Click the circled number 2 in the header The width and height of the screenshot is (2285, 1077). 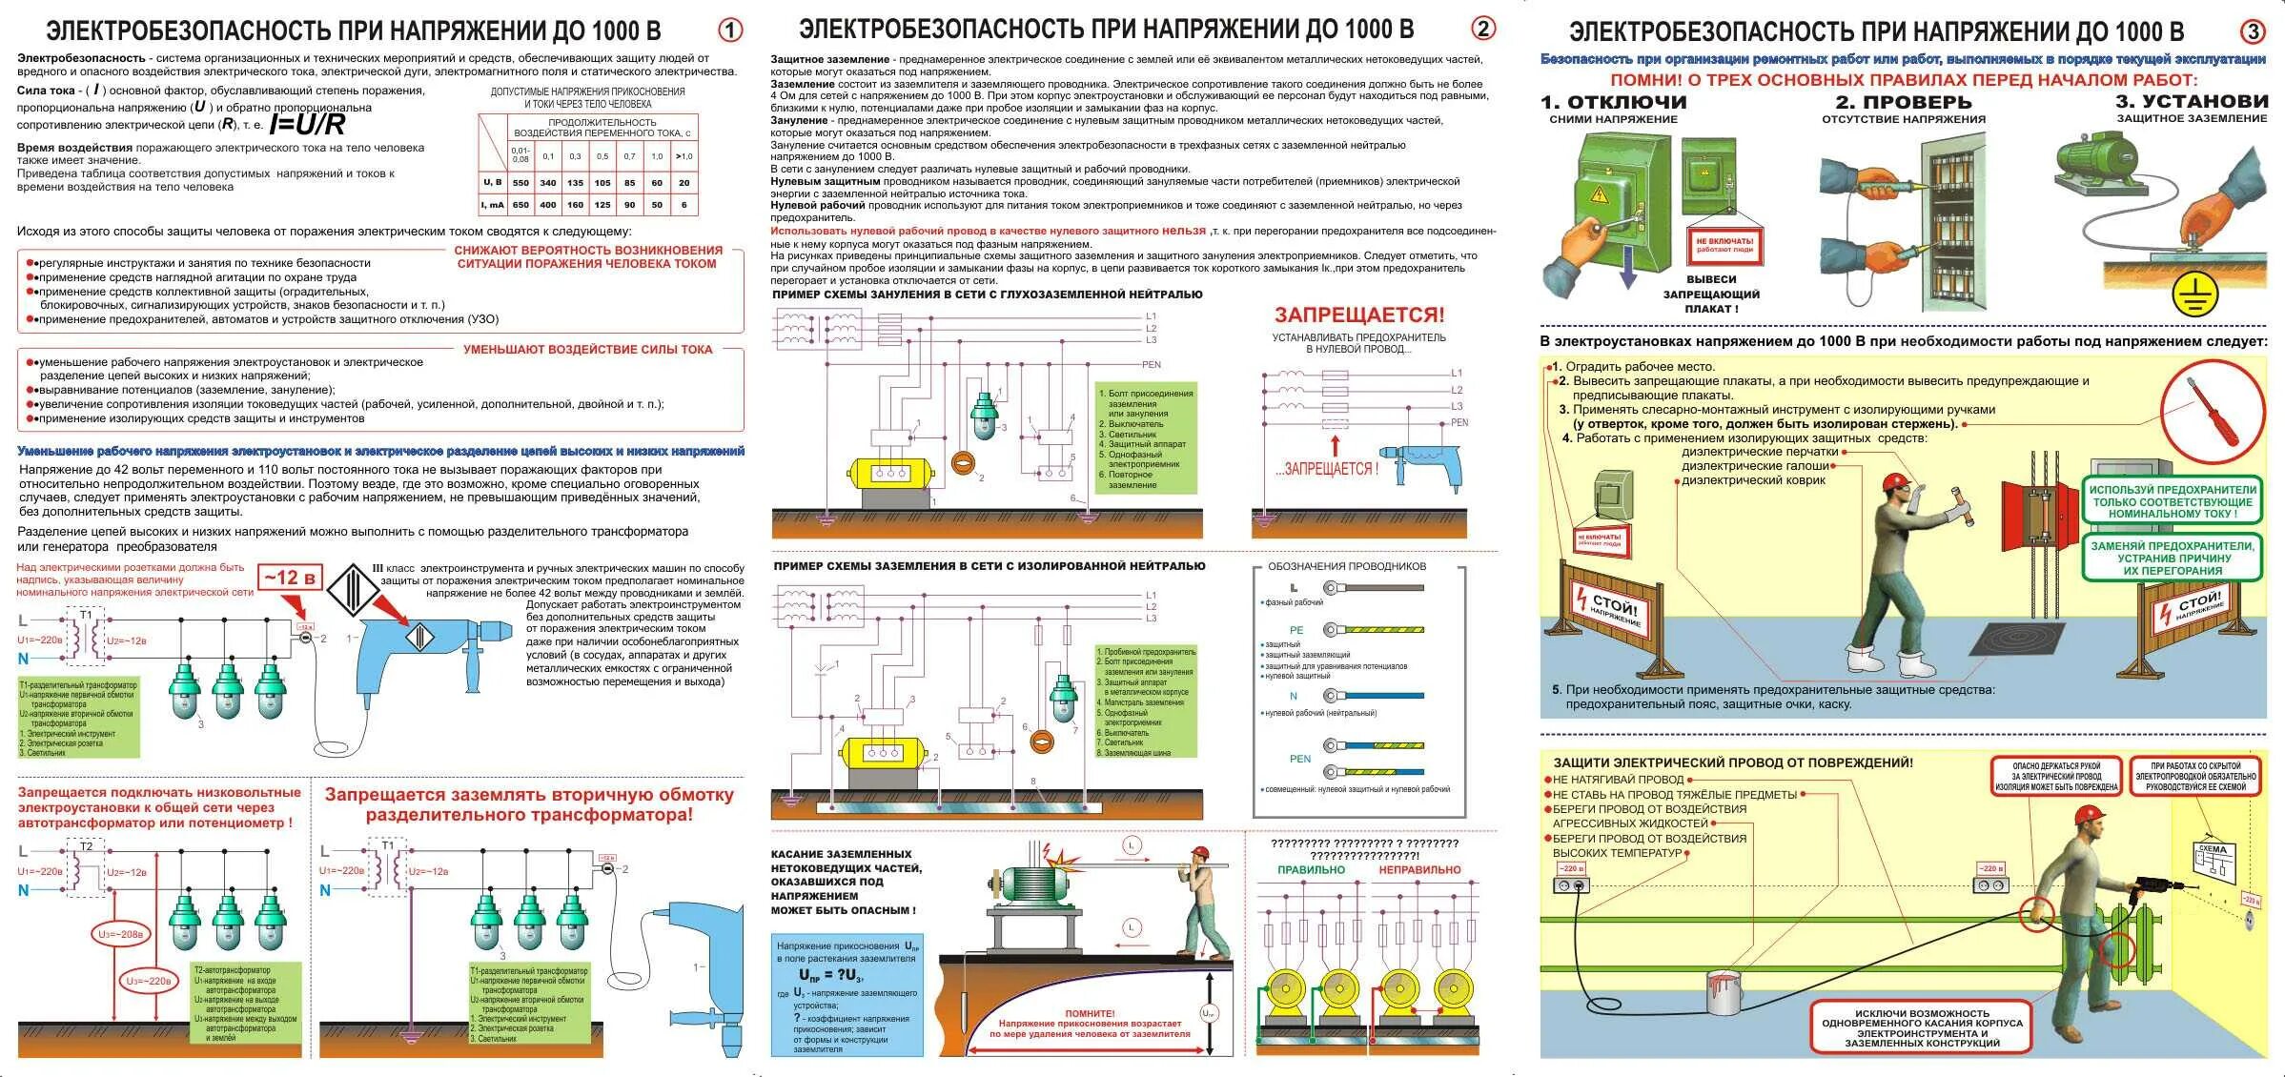point(1482,30)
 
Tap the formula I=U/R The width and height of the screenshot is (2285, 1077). point(307,125)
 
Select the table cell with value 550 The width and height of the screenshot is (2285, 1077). point(520,182)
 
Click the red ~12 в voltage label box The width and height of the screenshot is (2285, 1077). point(290,579)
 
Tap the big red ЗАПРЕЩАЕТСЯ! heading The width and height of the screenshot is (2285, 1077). point(1358,315)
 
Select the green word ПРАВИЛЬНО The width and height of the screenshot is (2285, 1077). point(1311,869)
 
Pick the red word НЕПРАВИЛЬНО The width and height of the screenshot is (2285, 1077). point(1419,869)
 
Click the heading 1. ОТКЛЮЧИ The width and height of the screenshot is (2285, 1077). point(1613,102)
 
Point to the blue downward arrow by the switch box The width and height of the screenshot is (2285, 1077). point(1627,272)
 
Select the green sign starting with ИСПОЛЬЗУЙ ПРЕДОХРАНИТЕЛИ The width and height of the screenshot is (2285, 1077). point(2172,500)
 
